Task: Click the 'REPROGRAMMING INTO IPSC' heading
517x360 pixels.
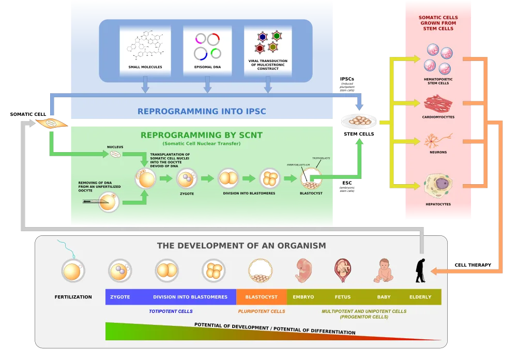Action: (x=201, y=111)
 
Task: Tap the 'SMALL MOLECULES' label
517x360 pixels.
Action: (x=145, y=67)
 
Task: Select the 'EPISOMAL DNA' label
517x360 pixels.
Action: (x=207, y=67)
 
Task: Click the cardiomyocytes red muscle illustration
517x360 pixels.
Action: (x=438, y=104)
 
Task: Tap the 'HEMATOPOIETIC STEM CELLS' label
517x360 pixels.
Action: (x=438, y=81)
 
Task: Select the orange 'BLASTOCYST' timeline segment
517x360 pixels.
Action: (x=261, y=297)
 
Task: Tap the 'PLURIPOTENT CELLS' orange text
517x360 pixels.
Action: (x=261, y=311)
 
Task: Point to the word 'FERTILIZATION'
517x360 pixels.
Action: (x=73, y=297)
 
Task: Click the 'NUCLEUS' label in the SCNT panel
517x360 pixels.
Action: (x=115, y=147)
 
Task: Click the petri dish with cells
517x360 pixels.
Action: (x=358, y=121)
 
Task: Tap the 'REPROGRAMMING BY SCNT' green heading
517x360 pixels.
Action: (x=202, y=136)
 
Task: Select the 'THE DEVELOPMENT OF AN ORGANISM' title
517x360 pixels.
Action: (x=241, y=246)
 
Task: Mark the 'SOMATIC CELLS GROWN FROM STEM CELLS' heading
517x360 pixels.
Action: (x=438, y=23)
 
